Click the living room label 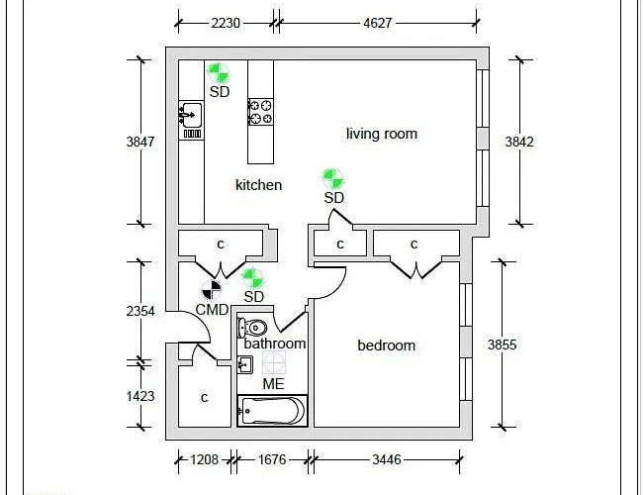tap(381, 134)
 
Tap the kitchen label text tap(258, 185)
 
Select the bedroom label tap(386, 346)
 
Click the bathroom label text tap(275, 344)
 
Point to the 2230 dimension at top tap(226, 22)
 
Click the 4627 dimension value tap(375, 22)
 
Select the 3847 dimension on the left tap(140, 142)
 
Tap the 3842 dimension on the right tap(519, 142)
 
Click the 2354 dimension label tap(140, 311)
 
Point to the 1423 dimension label tap(140, 396)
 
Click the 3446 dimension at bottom tap(385, 459)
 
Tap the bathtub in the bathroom tap(272, 410)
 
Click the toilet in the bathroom tap(255, 328)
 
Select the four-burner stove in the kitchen tap(260, 111)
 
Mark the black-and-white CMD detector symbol tap(212, 290)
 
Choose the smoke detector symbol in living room tap(333, 178)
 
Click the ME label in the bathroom tap(273, 383)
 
